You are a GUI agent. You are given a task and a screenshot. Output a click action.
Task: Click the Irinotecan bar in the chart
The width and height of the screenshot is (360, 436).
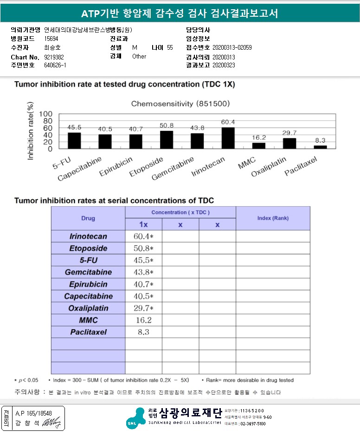coord(228,138)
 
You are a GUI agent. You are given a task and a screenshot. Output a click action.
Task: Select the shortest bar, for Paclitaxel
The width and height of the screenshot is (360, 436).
coord(320,147)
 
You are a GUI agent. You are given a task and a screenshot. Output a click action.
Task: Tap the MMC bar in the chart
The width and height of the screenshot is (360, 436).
coord(258,145)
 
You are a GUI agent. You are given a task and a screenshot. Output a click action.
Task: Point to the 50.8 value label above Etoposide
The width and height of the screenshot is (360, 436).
coord(166,125)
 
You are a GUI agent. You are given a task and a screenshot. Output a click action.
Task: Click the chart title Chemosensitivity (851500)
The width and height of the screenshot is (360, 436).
coord(180,104)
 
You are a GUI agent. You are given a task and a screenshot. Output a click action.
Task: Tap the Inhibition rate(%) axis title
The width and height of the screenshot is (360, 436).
coord(31,131)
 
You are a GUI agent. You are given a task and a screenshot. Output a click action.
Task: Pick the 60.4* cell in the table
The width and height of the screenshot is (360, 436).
coord(143,236)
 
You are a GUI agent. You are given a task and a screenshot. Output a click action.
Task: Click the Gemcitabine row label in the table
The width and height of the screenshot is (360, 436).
coord(88,272)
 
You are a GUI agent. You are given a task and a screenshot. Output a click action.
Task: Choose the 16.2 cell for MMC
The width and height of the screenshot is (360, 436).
coord(143,320)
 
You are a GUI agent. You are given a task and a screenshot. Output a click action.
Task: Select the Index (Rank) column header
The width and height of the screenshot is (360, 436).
coord(273,218)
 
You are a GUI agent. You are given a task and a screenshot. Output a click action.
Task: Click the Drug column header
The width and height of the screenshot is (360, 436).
coord(88,218)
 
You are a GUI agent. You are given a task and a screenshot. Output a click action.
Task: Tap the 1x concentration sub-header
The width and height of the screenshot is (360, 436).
coord(143,225)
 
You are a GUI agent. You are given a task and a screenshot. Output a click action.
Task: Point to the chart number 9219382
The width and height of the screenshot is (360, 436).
coord(54,57)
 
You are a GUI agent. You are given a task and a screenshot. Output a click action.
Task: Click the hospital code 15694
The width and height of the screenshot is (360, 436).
coord(51,39)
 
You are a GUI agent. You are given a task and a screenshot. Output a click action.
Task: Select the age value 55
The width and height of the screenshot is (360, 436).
coord(170,47)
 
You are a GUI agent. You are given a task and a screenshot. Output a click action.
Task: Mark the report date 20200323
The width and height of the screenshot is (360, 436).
coord(224,65)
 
